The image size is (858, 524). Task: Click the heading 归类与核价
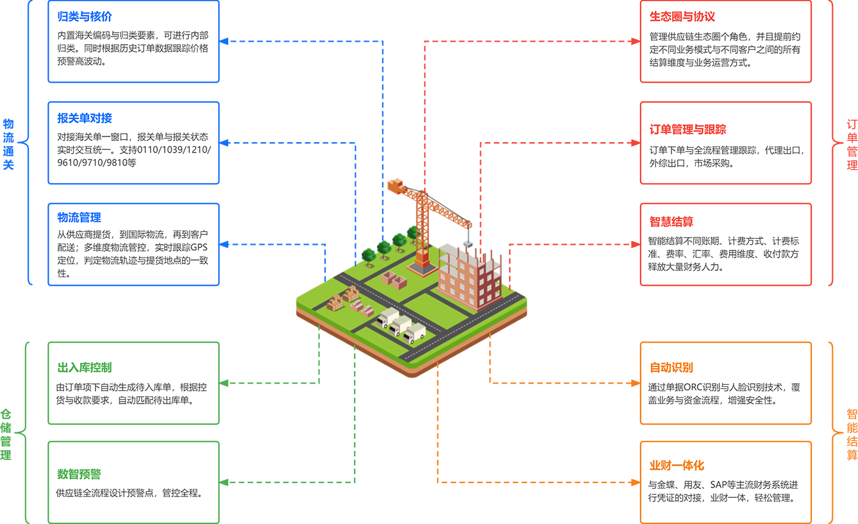click(85, 17)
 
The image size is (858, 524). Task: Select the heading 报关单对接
click(85, 118)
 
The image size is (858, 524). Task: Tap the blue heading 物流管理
click(79, 218)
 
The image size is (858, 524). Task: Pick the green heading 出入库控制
click(85, 368)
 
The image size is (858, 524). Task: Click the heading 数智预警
click(79, 474)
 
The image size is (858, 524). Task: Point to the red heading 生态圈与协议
click(682, 17)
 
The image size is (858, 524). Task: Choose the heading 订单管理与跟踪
click(688, 129)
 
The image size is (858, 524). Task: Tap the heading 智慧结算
click(671, 222)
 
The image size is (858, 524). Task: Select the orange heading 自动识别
click(671, 368)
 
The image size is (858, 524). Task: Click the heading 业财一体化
click(677, 465)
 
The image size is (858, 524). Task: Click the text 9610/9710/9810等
click(97, 163)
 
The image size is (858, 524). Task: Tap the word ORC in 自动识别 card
click(694, 387)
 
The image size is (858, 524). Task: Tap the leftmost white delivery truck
click(387, 317)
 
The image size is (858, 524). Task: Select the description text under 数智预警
click(130, 494)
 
